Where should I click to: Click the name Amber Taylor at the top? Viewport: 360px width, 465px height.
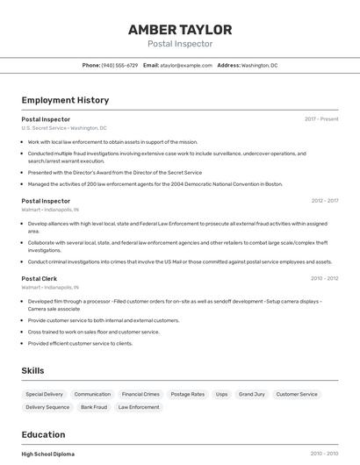coord(180,29)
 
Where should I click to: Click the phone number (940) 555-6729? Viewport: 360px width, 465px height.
coord(119,65)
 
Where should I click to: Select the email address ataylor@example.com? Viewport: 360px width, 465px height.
coord(186,65)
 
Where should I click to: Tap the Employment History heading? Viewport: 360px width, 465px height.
coord(65,100)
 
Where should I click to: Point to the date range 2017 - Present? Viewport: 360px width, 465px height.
coord(321,118)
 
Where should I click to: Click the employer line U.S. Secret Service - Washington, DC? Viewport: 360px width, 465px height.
coord(64,128)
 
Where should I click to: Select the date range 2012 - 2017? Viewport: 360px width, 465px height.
coord(324,201)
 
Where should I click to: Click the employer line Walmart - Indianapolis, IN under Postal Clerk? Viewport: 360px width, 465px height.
coord(51,287)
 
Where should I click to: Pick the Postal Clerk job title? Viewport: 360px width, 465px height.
coord(40,278)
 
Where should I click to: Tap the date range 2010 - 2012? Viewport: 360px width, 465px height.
coord(324,278)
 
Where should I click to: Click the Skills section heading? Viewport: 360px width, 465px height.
coord(32,370)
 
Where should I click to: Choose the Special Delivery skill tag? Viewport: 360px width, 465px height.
coord(44,394)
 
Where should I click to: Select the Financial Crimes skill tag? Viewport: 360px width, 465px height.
coord(140,394)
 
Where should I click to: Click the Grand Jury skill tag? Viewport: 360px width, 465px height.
coord(252,394)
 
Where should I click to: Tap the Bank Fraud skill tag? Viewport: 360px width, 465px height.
coord(94,407)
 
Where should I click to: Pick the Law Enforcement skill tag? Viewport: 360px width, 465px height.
coord(139,407)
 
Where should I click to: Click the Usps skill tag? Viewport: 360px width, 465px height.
coord(221,394)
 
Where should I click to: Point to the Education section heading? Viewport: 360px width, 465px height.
coord(43,434)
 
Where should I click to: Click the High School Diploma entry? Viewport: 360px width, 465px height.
coord(48,454)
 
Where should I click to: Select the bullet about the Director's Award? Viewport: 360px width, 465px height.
coord(114,173)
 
